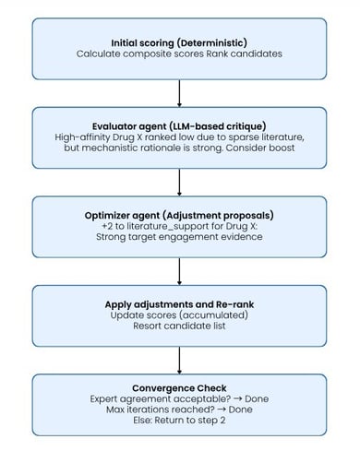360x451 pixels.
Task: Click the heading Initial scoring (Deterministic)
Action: (x=179, y=43)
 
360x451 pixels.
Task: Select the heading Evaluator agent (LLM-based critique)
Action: (x=179, y=126)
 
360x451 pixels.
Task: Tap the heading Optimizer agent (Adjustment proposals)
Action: (x=179, y=216)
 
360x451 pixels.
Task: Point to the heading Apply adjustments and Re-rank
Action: (x=179, y=304)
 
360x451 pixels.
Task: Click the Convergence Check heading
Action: (x=179, y=388)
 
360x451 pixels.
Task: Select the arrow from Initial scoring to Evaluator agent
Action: (x=179, y=93)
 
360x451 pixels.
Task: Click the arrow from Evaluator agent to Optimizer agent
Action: (x=179, y=183)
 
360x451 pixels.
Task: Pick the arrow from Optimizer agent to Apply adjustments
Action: (x=179, y=271)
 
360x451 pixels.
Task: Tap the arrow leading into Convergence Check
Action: (x=179, y=361)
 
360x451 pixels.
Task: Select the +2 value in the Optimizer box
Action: (x=107, y=226)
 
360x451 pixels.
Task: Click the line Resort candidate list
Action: (x=179, y=326)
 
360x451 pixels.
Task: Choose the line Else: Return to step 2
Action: (x=179, y=421)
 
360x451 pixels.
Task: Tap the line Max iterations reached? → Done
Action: (x=179, y=409)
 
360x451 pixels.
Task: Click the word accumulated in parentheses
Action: (x=213, y=315)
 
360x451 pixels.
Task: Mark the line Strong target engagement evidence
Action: (x=179, y=237)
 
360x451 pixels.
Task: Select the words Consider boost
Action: (x=260, y=148)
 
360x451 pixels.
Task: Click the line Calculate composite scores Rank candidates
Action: (x=179, y=53)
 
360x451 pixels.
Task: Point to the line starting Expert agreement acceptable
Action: (x=179, y=399)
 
